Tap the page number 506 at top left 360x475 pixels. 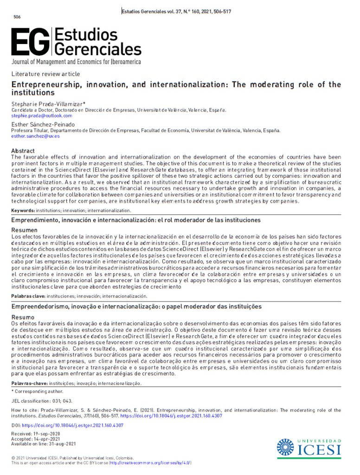[x=17, y=17]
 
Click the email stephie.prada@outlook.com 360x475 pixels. [x=42, y=116]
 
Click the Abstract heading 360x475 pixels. [x=23, y=151]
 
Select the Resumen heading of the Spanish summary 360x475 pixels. [x=25, y=230]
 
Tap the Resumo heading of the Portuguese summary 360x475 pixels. [x=23, y=317]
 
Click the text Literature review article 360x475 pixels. [x=45, y=74]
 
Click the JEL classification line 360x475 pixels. [x=42, y=401]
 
